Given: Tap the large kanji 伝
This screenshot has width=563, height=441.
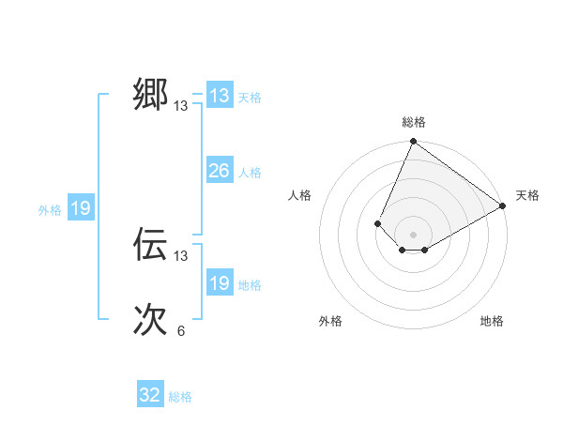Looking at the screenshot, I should click(x=150, y=244).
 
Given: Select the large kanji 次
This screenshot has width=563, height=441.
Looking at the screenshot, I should click(x=150, y=320).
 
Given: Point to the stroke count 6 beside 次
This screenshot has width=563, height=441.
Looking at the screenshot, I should click(x=181, y=330).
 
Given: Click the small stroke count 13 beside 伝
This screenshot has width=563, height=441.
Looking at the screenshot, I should click(x=181, y=255).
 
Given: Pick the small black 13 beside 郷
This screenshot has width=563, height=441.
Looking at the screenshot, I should click(x=181, y=106).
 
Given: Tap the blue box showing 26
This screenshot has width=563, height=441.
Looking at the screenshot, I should click(x=219, y=171).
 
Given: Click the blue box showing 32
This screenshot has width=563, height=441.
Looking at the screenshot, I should click(x=150, y=395).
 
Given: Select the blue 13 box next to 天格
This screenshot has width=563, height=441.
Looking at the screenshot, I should click(x=219, y=96).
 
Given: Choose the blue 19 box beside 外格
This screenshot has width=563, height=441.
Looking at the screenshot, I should click(x=81, y=208).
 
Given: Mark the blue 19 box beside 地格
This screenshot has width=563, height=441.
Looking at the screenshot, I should click(x=219, y=283).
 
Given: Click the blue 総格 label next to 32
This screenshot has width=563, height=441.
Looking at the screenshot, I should click(x=180, y=397).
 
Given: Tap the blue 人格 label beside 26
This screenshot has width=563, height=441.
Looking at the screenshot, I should click(x=250, y=173).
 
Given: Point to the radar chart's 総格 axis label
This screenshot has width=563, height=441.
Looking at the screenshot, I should click(x=413, y=122).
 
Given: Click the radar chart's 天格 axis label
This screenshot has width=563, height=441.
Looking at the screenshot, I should click(x=527, y=195).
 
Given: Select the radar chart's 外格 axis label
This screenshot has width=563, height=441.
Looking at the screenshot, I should click(x=330, y=321).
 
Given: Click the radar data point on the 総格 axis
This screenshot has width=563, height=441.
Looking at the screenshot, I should click(x=413, y=142).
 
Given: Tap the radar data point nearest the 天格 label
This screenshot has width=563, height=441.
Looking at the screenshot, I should click(x=503, y=205).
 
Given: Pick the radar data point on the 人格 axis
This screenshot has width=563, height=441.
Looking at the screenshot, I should click(x=377, y=223).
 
